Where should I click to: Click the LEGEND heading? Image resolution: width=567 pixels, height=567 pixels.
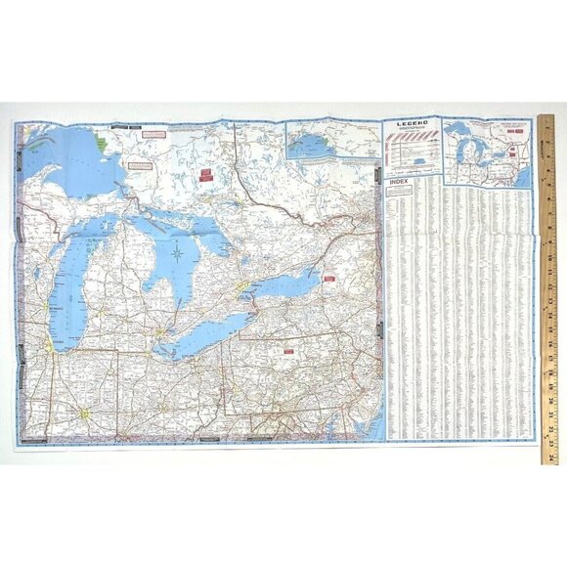412,125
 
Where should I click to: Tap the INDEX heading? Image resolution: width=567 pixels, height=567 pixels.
396,182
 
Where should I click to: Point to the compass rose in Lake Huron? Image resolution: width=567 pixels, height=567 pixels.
177,256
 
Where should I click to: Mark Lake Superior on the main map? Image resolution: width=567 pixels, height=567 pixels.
68,152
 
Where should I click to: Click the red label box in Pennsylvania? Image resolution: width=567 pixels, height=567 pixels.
289,348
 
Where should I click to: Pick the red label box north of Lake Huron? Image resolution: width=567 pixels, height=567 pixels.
205,175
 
